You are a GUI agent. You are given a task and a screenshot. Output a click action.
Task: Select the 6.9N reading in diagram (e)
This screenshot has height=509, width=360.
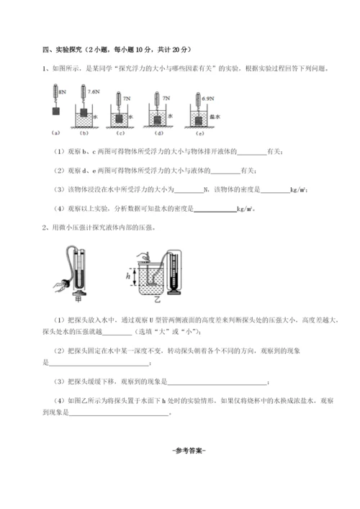pos(204,96)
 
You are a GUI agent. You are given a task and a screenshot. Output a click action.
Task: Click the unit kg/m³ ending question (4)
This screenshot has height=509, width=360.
pos(246,210)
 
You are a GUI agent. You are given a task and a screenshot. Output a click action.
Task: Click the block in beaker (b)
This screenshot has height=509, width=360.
pos(84,113)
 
